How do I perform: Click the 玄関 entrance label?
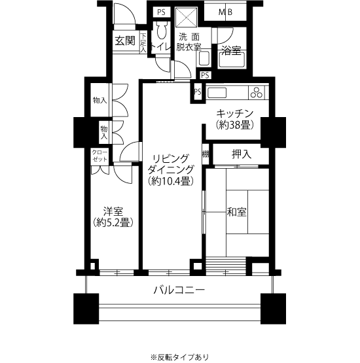(x=125, y=41)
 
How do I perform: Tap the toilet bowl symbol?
(x=161, y=30)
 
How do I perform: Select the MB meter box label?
(x=225, y=12)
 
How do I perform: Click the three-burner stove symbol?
(x=257, y=92)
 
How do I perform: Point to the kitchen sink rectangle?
(x=217, y=93)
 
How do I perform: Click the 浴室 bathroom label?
(x=232, y=50)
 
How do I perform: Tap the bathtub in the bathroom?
(x=232, y=60)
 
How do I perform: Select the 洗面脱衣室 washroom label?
(x=189, y=42)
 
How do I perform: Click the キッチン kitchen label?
(x=235, y=114)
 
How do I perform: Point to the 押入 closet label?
(x=242, y=154)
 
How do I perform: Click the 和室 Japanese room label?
(x=236, y=212)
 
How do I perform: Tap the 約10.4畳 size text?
(x=171, y=181)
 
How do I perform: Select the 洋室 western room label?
(x=113, y=212)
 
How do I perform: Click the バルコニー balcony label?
(x=179, y=290)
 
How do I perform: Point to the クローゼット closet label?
(x=100, y=156)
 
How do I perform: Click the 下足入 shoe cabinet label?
(x=143, y=43)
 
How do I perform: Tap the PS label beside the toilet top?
(x=162, y=12)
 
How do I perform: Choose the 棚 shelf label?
(x=206, y=154)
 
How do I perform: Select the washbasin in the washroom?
(x=204, y=58)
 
